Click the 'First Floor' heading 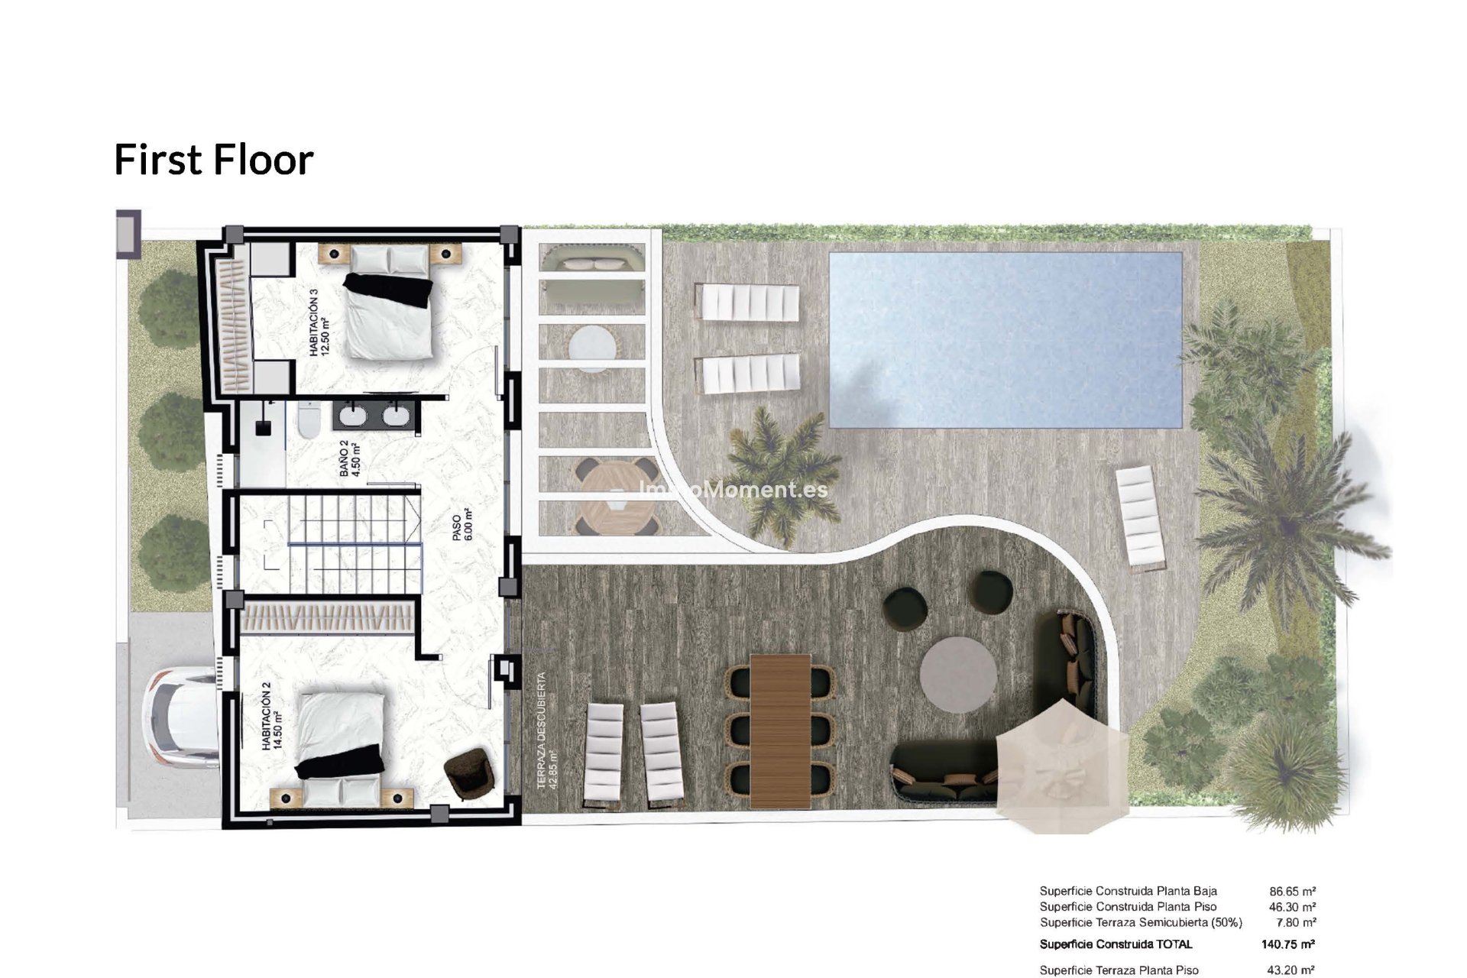click(x=214, y=160)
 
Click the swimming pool click(x=1006, y=340)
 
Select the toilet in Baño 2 click(x=308, y=421)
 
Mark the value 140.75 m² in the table click(x=1288, y=944)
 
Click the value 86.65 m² click(x=1292, y=891)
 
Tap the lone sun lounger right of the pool click(x=1140, y=519)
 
